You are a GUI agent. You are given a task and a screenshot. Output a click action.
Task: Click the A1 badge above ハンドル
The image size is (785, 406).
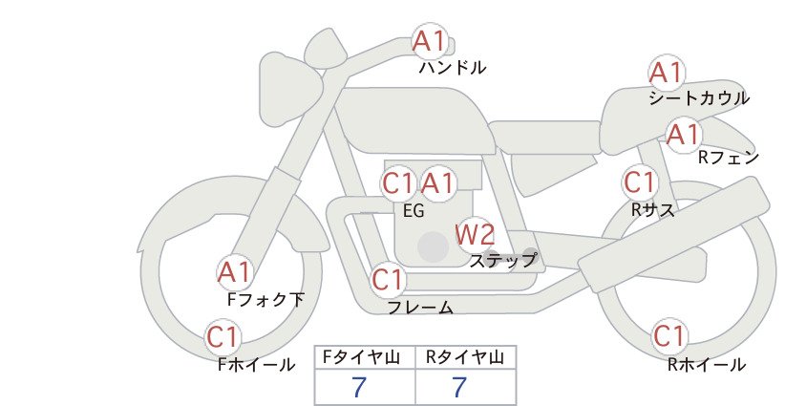click(430, 41)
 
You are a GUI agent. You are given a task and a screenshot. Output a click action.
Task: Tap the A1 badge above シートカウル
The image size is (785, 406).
click(667, 73)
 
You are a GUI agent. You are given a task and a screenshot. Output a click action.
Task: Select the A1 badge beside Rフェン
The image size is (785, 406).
click(684, 135)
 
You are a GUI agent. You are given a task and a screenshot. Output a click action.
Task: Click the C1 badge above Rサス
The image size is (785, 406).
click(640, 182)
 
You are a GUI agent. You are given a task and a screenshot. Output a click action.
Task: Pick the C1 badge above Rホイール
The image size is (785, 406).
click(669, 336)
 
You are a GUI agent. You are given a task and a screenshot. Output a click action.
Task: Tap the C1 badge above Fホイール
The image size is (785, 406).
click(223, 337)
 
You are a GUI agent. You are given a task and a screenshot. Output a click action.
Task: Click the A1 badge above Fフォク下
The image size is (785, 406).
click(234, 273)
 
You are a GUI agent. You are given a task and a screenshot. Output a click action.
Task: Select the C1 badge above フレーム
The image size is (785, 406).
click(389, 280)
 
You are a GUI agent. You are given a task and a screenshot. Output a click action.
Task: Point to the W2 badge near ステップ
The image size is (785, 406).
click(475, 235)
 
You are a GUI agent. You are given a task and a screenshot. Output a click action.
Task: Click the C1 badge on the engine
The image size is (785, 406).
click(398, 184)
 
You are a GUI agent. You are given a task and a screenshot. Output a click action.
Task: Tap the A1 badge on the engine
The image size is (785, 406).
click(438, 184)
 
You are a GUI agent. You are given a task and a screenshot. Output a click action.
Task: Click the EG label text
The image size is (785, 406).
click(414, 211)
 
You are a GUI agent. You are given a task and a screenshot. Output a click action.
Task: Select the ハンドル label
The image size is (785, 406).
click(453, 67)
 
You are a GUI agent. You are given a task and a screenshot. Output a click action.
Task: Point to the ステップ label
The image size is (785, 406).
click(502, 261)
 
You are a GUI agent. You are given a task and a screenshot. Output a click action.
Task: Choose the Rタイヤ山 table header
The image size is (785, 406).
click(465, 357)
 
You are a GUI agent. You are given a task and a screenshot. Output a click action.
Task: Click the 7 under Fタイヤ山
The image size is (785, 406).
click(359, 387)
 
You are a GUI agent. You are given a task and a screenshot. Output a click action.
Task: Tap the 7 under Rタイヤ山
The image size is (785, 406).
click(459, 387)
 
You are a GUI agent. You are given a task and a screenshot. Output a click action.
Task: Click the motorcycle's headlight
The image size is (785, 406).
click(290, 84)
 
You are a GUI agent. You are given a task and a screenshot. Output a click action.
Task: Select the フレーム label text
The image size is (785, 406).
click(420, 308)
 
